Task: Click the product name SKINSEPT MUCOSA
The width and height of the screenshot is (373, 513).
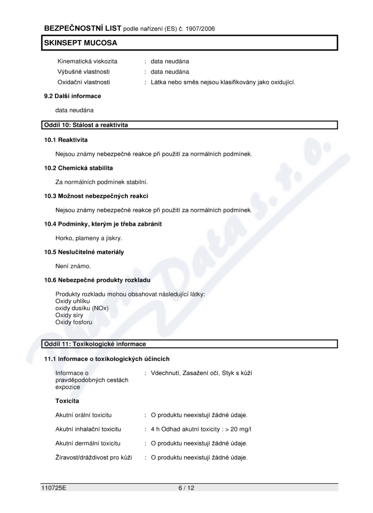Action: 80,43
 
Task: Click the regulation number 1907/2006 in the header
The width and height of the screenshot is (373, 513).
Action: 199,28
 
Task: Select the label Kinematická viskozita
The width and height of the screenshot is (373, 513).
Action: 87,61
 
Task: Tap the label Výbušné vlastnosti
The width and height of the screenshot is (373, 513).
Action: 84,71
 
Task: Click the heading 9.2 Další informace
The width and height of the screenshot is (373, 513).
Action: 72,96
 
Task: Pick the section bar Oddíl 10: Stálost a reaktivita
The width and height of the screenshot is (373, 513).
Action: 86,125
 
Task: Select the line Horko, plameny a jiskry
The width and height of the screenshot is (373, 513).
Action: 89,238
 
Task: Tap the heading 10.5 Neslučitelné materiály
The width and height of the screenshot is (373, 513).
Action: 84,252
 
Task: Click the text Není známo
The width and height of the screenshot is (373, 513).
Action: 73,266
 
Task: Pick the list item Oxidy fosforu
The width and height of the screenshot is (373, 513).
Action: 74,322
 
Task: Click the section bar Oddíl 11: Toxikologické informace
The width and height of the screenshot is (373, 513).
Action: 95,344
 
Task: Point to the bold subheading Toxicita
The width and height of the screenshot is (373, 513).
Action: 67,401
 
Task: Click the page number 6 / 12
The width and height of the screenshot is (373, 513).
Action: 186,488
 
